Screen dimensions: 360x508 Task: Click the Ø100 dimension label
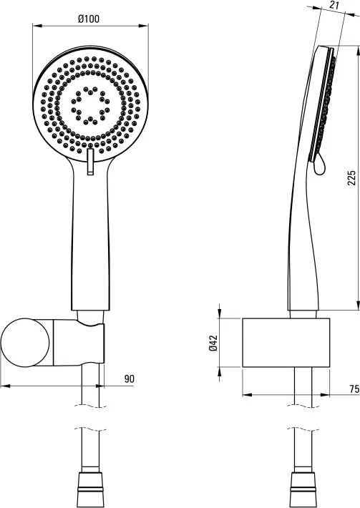89,19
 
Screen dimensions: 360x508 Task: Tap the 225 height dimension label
351,177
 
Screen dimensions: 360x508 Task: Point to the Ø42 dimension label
213,343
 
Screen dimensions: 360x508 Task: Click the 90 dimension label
130,378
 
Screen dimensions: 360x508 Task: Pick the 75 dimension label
354,388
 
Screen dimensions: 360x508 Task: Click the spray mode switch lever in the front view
90,162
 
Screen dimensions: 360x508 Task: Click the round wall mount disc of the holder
25,343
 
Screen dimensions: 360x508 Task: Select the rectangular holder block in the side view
286,343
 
